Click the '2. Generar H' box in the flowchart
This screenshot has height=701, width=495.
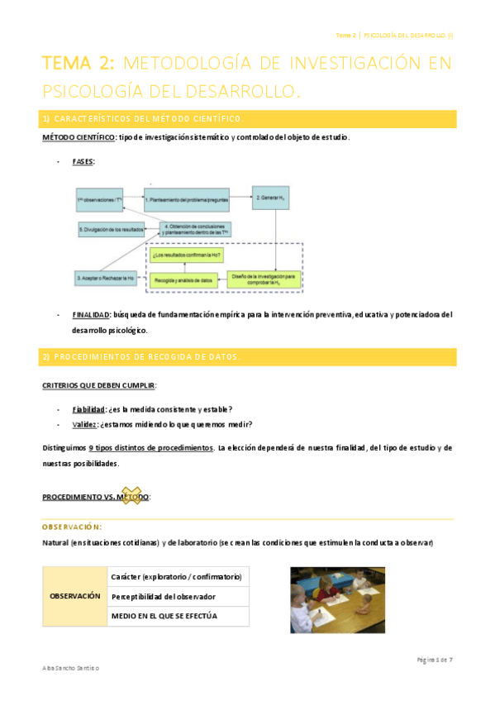pos(270,199)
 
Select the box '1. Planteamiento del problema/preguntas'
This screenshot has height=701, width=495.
pos(185,200)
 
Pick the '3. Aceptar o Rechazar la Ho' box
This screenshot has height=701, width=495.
pos(105,279)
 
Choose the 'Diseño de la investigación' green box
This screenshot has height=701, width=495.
pos(264,278)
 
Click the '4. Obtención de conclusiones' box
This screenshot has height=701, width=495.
pos(197,227)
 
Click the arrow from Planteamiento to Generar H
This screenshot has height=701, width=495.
pos(240,198)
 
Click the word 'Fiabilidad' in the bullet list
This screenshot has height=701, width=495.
pos(88,409)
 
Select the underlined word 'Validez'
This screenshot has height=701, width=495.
pos(84,425)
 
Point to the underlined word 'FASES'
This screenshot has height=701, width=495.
pos(83,161)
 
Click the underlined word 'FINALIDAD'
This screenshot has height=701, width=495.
pos(91,314)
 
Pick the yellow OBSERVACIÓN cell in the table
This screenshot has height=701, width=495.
pos(75,596)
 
